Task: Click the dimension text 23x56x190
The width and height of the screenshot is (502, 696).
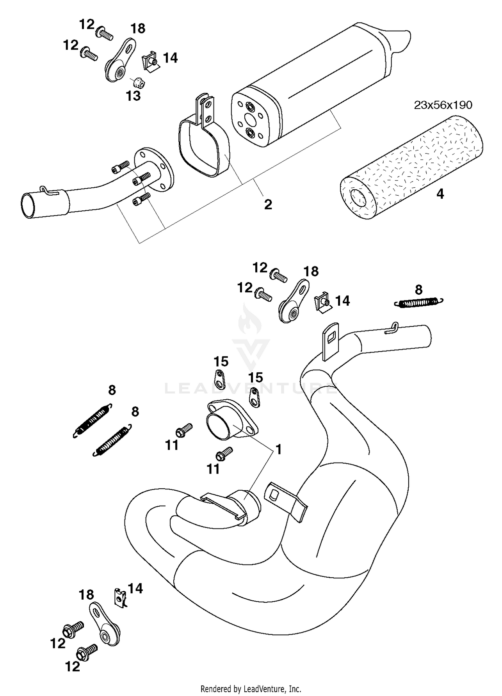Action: click(443, 105)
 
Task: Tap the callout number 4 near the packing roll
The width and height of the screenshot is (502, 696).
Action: click(440, 194)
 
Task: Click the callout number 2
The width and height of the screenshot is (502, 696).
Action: click(268, 204)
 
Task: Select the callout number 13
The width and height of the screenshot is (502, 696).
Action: click(133, 96)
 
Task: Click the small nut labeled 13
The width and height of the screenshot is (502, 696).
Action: click(138, 82)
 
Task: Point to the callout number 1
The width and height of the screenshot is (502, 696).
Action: click(278, 450)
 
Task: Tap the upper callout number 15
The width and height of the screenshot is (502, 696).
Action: click(221, 362)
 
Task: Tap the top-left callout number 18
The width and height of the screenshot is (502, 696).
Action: click(138, 29)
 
